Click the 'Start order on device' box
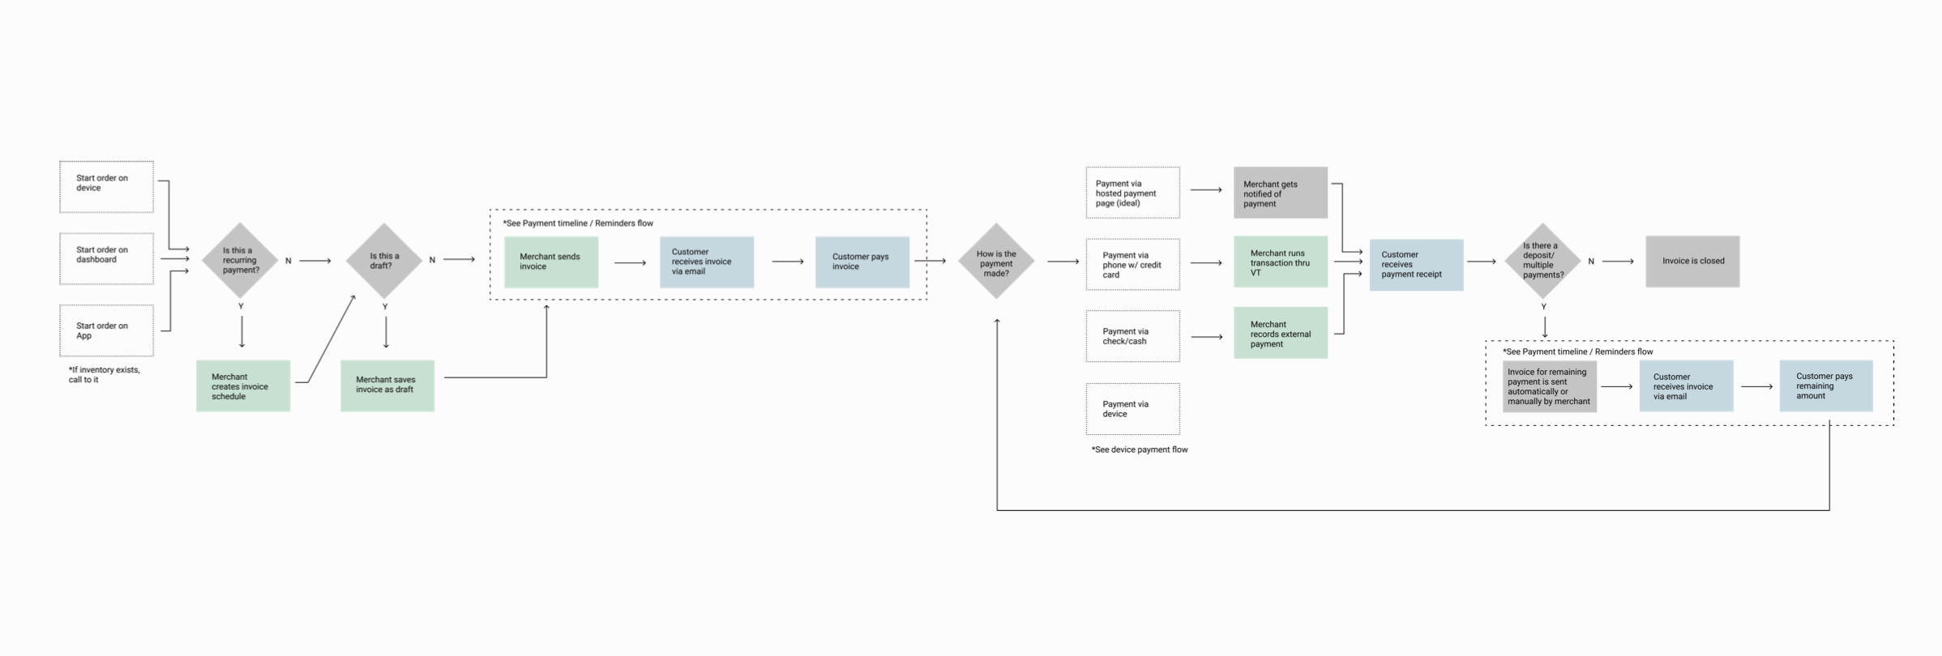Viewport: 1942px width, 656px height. click(106, 187)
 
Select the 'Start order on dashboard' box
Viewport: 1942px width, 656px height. click(106, 259)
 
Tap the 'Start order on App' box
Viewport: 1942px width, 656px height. click(106, 330)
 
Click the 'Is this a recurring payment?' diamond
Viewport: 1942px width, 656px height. click(240, 261)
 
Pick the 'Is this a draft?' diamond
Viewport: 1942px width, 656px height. click(384, 261)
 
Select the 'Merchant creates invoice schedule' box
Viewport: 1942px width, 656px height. click(242, 386)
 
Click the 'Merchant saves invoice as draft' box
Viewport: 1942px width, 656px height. click(387, 386)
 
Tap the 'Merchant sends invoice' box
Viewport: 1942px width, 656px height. click(551, 262)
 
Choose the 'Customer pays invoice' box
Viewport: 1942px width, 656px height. click(862, 262)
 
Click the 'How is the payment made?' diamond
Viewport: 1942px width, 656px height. click(996, 262)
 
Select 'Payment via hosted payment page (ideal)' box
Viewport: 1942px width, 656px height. click(1132, 193)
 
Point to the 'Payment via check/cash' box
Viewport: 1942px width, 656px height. click(1132, 336)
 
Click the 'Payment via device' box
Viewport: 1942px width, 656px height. click(1132, 409)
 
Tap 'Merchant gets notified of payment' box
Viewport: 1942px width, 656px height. click(1280, 193)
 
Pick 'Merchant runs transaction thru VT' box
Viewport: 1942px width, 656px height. click(1280, 262)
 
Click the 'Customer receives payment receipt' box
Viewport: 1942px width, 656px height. click(1416, 265)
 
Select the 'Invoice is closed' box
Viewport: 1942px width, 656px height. click(1692, 262)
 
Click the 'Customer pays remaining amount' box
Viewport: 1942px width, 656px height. click(1825, 386)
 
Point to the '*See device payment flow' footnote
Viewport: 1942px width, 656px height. click(1139, 449)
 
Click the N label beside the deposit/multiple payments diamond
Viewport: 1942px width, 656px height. click(1591, 262)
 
